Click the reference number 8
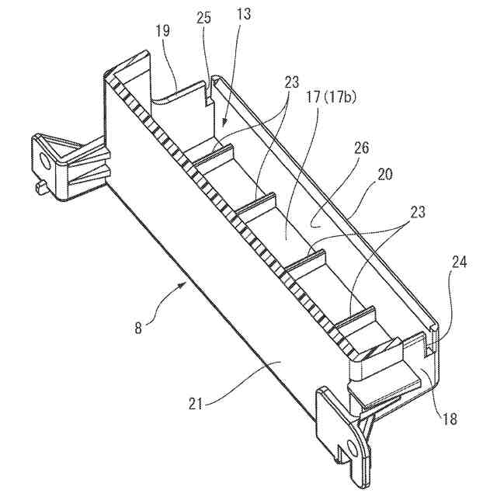point(139,327)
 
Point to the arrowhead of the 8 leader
point(186,284)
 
